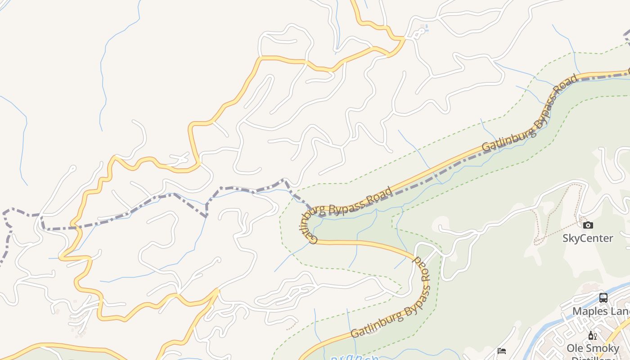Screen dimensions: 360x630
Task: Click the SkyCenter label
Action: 588,238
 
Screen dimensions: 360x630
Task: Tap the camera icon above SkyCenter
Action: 588,225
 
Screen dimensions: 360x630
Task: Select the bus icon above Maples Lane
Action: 603,297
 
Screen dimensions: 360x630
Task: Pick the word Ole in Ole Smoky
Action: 575,348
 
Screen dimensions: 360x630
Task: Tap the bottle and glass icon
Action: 592,336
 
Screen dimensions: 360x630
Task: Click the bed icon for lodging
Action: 502,351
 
